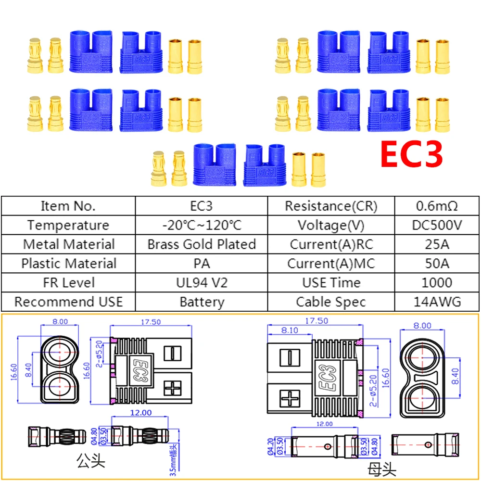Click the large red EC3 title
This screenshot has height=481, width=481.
coord(411,154)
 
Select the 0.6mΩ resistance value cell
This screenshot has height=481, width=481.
coord(437,206)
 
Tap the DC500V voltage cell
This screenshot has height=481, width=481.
coord(437,225)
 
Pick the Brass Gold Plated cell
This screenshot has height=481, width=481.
coord(202,244)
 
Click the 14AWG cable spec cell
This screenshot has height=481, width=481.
coord(437,302)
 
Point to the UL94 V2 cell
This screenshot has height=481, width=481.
coord(202,282)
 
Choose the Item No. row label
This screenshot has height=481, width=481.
coord(68,206)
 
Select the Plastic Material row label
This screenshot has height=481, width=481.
coord(68,263)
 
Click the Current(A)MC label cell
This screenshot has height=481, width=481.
coord(331,263)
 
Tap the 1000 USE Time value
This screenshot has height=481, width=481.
coord(437,282)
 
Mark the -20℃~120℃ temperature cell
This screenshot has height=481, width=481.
coord(202,225)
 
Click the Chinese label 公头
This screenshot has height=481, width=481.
coord(91,463)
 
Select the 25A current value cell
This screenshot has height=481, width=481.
coord(437,244)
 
